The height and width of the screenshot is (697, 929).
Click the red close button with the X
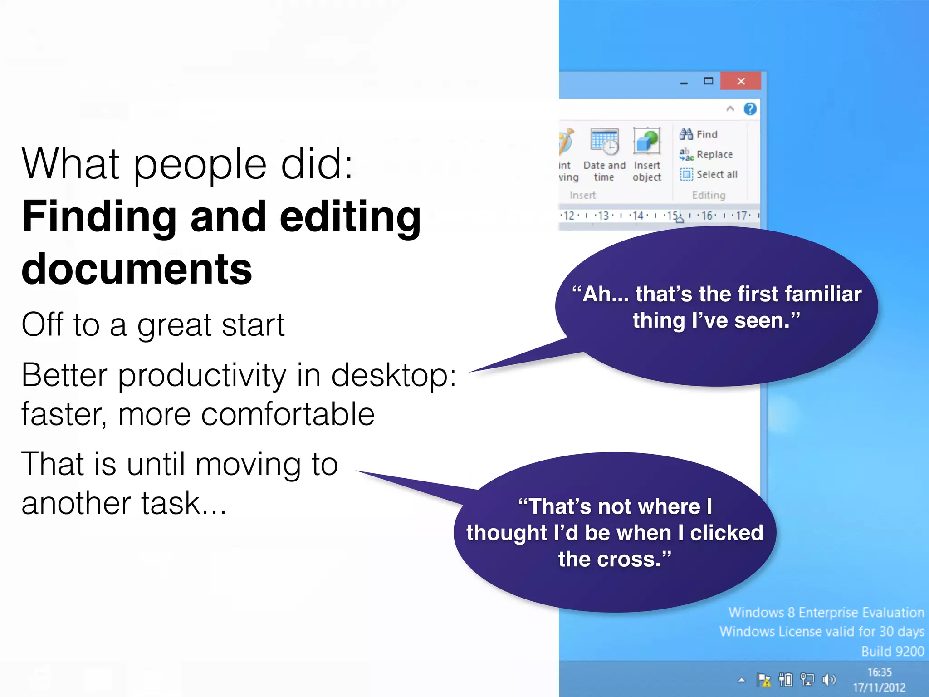[741, 81]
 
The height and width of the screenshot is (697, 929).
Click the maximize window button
[708, 81]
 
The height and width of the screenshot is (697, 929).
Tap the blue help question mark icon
[750, 109]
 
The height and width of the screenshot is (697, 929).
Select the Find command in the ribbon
[699, 134]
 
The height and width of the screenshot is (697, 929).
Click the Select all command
[709, 174]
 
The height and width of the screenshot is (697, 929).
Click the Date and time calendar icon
[604, 141]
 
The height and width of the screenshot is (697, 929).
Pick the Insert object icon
[647, 141]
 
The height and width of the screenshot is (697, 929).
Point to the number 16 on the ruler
[707, 216]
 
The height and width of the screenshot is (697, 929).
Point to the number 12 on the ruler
[568, 216]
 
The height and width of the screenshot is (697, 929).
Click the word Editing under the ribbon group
[709, 195]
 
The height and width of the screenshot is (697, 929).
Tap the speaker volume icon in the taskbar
[828, 679]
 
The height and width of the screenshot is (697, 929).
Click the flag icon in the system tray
[763, 680]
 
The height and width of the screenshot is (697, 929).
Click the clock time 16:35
[879, 672]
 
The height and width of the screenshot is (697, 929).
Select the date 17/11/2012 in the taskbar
[879, 687]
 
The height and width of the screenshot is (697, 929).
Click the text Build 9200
[892, 651]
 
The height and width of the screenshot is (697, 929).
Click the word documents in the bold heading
[137, 269]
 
